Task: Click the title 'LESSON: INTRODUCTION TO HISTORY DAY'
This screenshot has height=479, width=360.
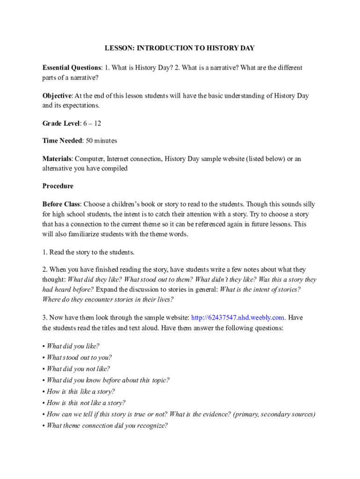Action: coord(180,48)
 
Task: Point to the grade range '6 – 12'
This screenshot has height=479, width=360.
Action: coord(93,123)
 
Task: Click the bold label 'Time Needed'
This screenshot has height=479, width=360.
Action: coord(63,140)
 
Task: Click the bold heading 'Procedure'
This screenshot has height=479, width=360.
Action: coord(58,186)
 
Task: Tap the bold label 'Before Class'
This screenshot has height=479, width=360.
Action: coord(61,204)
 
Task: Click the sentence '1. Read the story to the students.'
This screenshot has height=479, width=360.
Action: coord(88,252)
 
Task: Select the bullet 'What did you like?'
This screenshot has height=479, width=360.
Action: coord(73,347)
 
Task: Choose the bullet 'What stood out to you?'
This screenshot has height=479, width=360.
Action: coord(79,358)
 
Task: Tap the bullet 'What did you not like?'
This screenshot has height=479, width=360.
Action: coord(78,369)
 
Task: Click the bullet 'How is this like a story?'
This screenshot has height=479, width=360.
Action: coord(80,392)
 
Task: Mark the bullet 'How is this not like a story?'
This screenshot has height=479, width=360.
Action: coord(86,403)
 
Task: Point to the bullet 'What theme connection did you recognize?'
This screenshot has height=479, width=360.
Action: coord(107,426)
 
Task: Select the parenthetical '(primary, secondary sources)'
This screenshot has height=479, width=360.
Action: coord(274,414)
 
